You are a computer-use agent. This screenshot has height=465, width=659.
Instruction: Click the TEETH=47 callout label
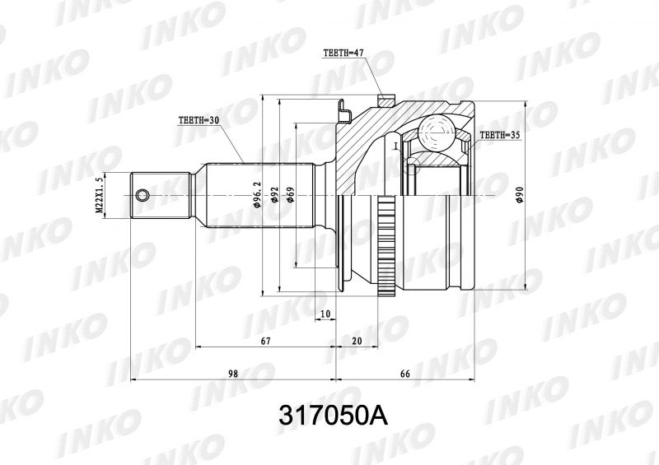pos(343,53)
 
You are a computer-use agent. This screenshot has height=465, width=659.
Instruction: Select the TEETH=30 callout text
pos(199,120)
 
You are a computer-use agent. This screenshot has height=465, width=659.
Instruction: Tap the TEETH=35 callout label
pos(500,135)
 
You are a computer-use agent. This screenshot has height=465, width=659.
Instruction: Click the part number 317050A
pos(333,416)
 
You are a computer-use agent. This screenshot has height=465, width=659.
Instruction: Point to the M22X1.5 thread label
pos(99,196)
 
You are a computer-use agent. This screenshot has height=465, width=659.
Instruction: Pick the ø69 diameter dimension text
pos(291,195)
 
